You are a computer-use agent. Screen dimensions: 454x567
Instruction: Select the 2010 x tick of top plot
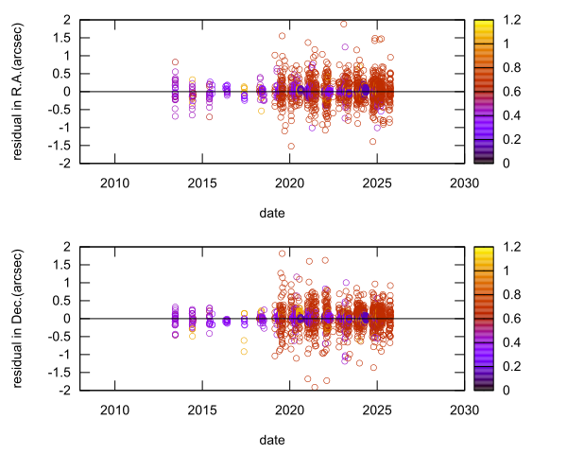tap(114, 183)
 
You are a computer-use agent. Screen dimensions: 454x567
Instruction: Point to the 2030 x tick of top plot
tap(463, 183)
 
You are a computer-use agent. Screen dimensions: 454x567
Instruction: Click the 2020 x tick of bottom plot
tap(289, 410)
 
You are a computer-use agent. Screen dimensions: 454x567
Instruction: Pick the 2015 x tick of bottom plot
tap(202, 410)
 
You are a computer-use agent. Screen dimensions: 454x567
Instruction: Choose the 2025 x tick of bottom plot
tap(376, 410)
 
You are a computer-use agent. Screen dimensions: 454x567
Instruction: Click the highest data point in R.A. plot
tap(344, 25)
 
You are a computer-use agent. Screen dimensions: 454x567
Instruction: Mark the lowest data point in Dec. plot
tap(315, 387)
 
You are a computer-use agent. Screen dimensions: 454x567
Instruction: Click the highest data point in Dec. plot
tap(282, 253)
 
